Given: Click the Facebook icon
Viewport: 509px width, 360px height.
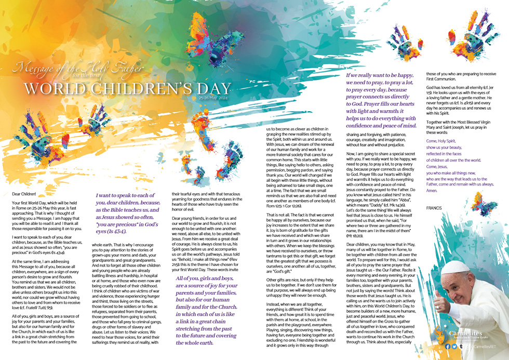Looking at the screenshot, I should click(x=447, y=346).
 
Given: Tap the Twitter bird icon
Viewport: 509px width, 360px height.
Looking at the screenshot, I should click(x=454, y=346).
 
